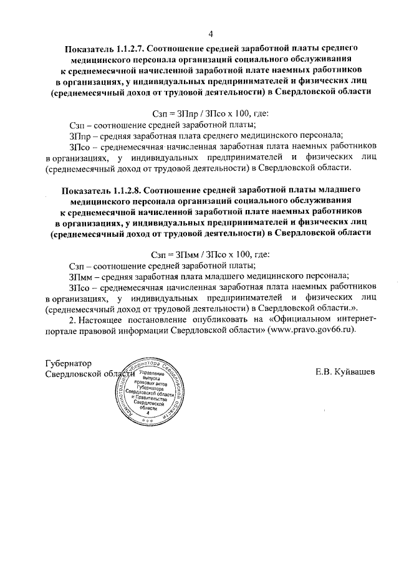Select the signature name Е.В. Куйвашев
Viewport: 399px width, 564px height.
[345, 372]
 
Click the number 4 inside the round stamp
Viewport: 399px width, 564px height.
[148, 413]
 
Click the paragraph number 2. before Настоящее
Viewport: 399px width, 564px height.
[73, 320]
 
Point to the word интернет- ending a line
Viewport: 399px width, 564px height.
[354, 320]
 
